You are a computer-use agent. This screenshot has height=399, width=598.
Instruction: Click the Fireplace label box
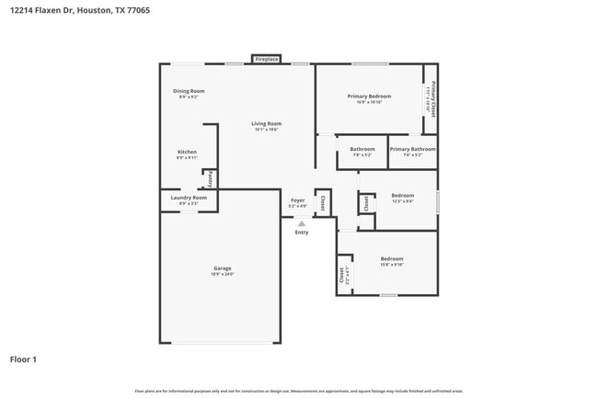coord(267,59)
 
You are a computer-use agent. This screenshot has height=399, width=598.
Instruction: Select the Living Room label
coord(268,123)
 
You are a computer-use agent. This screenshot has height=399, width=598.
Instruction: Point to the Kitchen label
coord(187,152)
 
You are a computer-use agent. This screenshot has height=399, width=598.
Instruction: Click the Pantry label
coord(211,177)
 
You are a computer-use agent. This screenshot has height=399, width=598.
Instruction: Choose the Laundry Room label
coord(189,198)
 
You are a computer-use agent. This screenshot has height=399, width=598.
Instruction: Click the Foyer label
coord(297,200)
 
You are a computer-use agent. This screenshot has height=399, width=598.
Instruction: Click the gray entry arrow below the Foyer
coord(301,223)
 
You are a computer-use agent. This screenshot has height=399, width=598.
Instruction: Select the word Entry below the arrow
coord(302,233)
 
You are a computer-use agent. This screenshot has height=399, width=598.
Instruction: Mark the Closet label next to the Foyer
coord(322,202)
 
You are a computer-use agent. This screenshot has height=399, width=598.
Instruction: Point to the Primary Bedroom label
coord(369,97)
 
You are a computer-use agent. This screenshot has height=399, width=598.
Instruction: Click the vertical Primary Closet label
coord(431,97)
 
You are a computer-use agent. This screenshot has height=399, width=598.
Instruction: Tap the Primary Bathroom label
coord(412,149)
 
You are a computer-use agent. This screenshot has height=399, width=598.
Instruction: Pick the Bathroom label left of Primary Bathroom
coord(362,149)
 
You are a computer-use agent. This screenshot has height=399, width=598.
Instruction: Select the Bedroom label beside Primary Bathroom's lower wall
coord(402,195)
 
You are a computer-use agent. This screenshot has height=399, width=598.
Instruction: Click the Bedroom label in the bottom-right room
coord(392,258)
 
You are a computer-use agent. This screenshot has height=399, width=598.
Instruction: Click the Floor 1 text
coord(23,359)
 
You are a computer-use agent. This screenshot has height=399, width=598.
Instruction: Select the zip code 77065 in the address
coord(137,10)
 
